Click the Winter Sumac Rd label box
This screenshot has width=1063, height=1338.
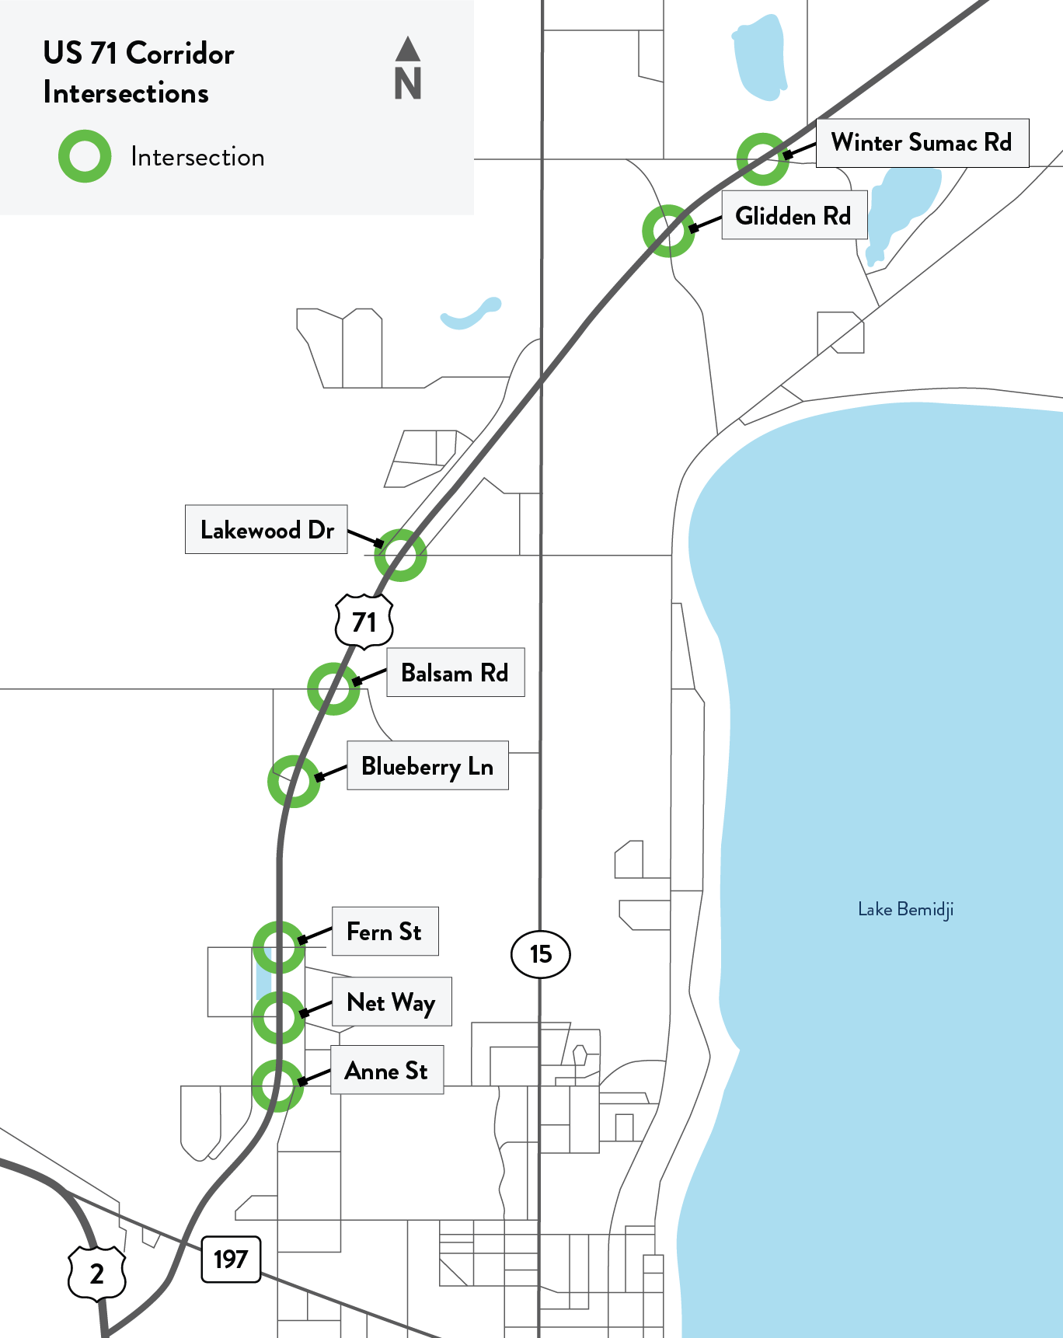tap(922, 143)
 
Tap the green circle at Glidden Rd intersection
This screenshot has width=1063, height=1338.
tap(668, 231)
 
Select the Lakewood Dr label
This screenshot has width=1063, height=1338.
tap(266, 530)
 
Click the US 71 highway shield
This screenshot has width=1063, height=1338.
tap(364, 622)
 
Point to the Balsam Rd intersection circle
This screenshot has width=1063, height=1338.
tap(333, 688)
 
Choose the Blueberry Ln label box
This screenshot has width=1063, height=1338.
tap(427, 766)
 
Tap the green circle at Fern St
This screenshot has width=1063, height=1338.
tap(278, 947)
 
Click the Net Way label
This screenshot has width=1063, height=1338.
tap(392, 1002)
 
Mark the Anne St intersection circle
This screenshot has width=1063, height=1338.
tap(277, 1085)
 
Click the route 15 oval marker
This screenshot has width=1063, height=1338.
tap(541, 954)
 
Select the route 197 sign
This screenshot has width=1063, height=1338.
tap(231, 1259)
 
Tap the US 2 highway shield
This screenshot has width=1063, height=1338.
tap(97, 1274)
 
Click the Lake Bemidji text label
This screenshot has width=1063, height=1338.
tap(905, 909)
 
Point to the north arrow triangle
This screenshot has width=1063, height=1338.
tap(408, 49)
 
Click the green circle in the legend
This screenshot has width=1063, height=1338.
tap(85, 156)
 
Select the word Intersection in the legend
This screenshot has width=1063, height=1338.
tap(197, 157)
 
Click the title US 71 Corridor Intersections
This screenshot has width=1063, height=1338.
tap(138, 73)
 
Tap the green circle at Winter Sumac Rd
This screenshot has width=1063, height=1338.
tap(763, 159)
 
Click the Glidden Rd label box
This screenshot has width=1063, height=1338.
tap(793, 215)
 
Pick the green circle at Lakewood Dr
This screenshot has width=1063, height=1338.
tap(400, 555)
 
